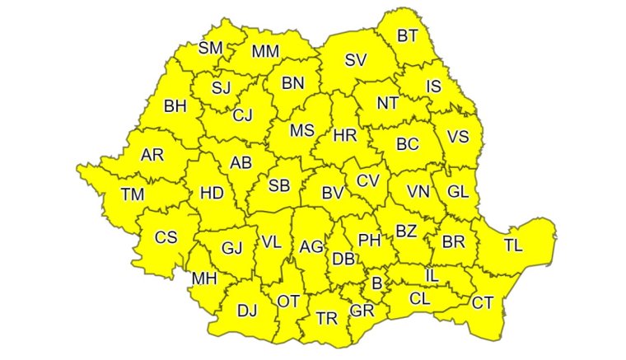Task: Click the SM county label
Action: (x=211, y=48)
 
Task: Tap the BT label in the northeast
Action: (x=407, y=35)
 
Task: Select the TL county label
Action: (x=512, y=245)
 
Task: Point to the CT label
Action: (x=483, y=303)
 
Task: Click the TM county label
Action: (x=132, y=194)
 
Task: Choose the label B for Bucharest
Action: (x=377, y=283)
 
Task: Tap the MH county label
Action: (x=203, y=279)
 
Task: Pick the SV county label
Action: (x=356, y=59)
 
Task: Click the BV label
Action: (x=332, y=194)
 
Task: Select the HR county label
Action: (x=344, y=134)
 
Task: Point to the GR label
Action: (x=362, y=311)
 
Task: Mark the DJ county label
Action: (x=247, y=311)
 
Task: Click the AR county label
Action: (x=152, y=155)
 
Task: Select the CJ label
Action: (x=242, y=115)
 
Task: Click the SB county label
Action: (x=279, y=185)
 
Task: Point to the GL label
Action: (x=458, y=191)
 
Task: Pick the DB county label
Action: (x=343, y=259)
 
